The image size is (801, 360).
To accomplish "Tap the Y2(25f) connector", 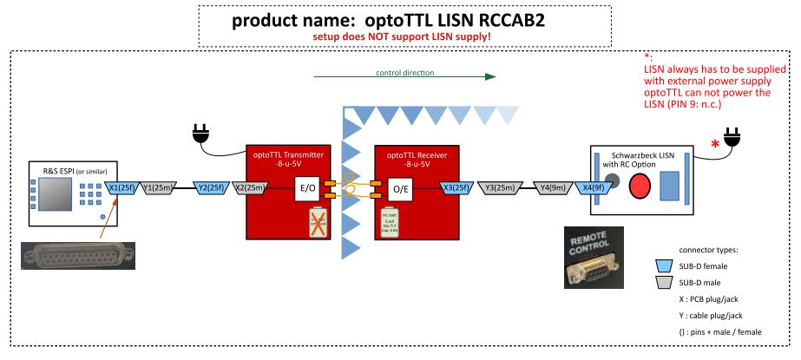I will tap(211, 187).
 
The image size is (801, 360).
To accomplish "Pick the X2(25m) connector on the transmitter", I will tap(251, 187).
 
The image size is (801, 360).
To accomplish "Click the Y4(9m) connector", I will tap(553, 187).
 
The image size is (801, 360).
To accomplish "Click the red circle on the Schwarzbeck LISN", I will tap(640, 186).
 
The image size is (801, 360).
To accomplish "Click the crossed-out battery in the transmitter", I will tap(318, 222).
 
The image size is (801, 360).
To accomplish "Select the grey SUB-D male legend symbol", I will tap(666, 284).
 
